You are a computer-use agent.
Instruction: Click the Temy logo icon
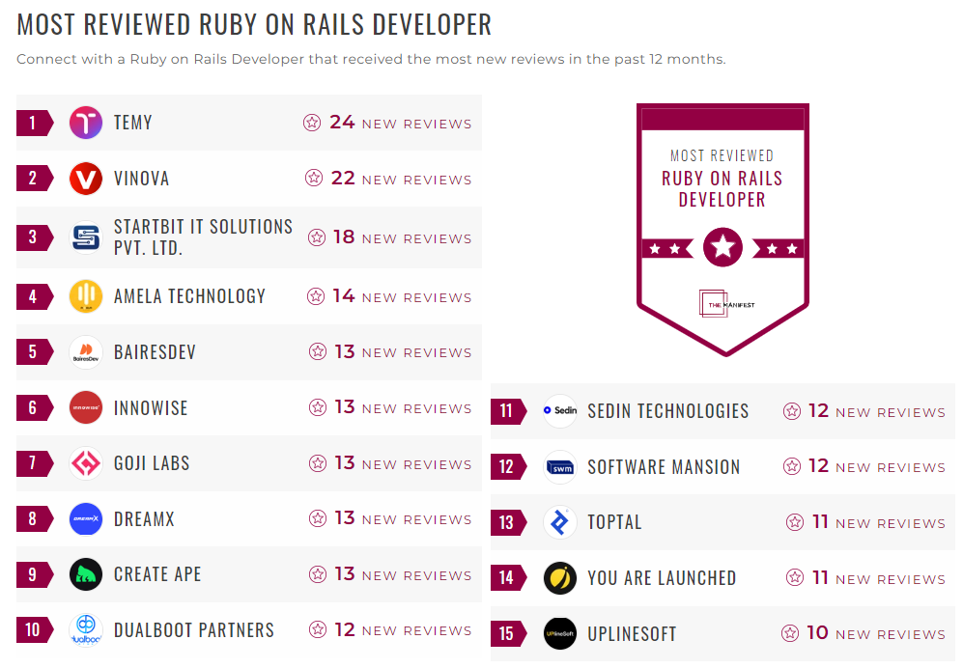point(86,123)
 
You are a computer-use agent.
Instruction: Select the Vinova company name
point(141,179)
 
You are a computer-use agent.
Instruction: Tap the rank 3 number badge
point(34,237)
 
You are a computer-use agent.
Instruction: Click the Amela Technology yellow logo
point(86,296)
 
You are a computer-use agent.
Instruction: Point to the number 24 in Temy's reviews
point(342,123)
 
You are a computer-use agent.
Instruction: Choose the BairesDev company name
point(155,352)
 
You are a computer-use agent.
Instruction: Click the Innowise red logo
point(86,407)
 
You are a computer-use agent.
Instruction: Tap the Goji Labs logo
point(86,463)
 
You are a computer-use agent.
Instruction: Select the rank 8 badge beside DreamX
point(34,519)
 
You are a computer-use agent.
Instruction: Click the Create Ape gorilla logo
point(86,574)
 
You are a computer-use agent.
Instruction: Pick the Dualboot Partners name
point(194,630)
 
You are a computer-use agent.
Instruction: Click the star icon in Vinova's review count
point(314,179)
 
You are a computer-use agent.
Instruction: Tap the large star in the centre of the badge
point(722,248)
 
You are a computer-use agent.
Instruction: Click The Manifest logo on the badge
point(722,303)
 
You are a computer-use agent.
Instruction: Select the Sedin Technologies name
point(667,411)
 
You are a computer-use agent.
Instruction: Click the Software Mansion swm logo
point(560,467)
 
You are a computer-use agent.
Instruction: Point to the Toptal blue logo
point(560,522)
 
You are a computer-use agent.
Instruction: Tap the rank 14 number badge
point(507,578)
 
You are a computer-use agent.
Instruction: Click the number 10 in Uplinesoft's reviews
point(817,633)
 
